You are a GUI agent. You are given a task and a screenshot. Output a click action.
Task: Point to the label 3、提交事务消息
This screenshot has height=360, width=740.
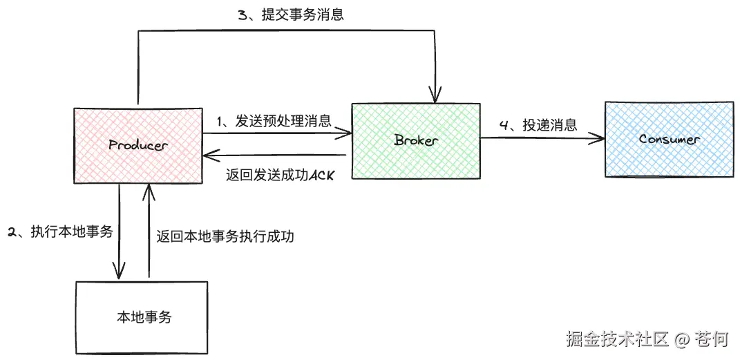291,15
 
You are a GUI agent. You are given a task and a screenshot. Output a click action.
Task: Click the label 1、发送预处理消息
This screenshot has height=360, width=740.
274,121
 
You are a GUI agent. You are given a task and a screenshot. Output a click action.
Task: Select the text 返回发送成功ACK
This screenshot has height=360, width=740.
280,176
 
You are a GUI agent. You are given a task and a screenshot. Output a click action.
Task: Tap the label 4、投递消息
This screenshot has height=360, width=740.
538,125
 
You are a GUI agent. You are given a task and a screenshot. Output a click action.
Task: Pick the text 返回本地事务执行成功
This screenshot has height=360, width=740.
225,236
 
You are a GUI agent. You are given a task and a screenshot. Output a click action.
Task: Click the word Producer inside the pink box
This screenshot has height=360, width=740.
138,145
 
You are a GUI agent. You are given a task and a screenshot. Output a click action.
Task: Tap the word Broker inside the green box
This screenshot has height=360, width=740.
416,140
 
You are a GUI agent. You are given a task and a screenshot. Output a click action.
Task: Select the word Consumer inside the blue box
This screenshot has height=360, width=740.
669,139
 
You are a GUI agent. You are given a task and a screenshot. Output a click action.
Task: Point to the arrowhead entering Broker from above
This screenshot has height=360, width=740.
435,95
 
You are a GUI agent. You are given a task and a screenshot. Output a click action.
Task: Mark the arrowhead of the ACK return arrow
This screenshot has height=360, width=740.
207,155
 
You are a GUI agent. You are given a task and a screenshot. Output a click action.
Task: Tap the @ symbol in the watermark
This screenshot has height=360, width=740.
682,339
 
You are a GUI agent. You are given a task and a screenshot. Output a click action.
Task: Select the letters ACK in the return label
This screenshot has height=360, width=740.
321,176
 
